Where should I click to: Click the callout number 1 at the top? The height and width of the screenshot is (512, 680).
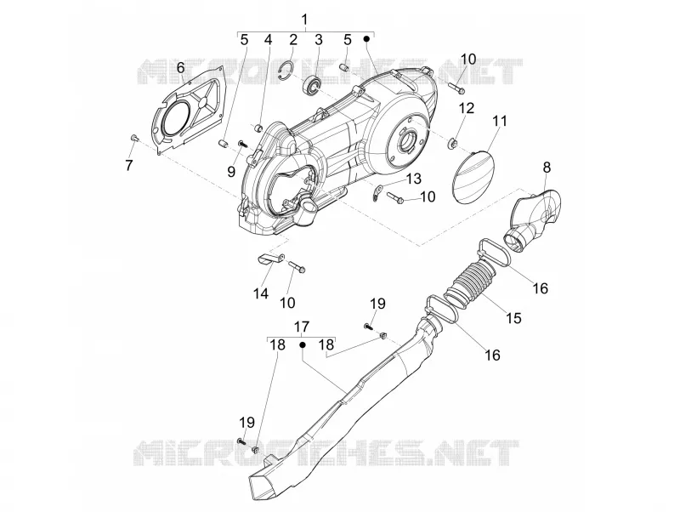[x=304, y=20]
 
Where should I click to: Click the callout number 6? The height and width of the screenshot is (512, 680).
[x=180, y=68]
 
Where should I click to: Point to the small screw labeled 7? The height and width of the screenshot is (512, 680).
[x=134, y=138]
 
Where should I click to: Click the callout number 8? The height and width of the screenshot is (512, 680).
[x=547, y=167]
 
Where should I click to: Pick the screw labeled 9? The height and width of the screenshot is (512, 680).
[x=242, y=143]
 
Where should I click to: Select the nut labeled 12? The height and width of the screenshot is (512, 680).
[x=452, y=143]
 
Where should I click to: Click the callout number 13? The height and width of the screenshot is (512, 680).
[x=414, y=179]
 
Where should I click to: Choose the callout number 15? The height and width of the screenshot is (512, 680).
[x=513, y=318]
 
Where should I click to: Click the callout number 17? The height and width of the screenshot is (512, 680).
[x=302, y=327]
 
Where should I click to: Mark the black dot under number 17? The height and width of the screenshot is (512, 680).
[x=303, y=344]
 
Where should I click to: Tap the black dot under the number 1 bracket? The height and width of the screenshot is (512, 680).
[x=366, y=39]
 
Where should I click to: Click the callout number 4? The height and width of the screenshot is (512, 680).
[x=268, y=40]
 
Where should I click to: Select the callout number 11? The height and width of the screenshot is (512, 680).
[x=500, y=121]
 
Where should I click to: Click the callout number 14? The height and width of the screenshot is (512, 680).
[x=261, y=293]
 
